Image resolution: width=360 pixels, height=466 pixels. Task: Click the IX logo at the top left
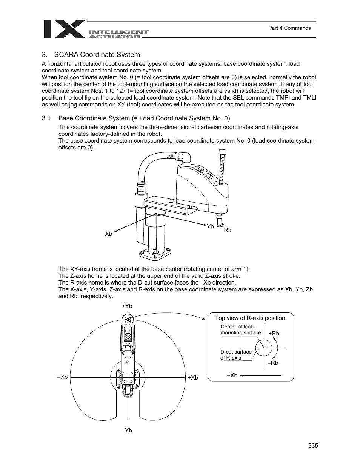point(64,29)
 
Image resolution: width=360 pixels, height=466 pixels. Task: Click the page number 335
point(313,446)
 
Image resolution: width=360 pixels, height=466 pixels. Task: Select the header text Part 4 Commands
point(289,28)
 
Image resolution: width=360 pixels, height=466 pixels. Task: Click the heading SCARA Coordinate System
point(97,54)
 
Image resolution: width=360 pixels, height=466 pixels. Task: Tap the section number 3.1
point(46,118)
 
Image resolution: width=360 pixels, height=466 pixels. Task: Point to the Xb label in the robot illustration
point(109,234)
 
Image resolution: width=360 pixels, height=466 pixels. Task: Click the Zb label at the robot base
point(155,251)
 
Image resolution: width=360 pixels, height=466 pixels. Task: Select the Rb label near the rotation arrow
point(228,230)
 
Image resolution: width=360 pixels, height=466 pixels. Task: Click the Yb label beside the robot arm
point(210,226)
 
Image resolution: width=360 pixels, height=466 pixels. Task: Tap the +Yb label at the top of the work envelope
point(127,306)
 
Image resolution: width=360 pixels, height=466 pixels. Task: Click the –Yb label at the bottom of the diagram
point(127,431)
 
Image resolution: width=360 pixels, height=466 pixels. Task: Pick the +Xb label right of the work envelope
point(193,378)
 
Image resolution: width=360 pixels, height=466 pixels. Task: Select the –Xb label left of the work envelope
point(62,377)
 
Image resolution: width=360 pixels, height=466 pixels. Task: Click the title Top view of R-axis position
point(250,318)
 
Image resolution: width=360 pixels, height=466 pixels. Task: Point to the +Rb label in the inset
point(274,334)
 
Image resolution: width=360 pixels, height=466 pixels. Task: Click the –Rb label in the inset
point(273,363)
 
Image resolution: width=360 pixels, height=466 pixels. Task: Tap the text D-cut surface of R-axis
point(236,355)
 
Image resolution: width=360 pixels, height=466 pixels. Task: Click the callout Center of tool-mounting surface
point(240,330)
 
